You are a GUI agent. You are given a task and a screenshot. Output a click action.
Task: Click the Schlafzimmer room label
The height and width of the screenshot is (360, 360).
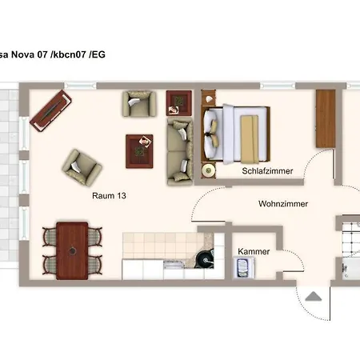click(x=267, y=171)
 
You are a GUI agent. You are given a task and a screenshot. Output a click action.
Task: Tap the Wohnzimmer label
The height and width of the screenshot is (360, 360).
click(x=283, y=204)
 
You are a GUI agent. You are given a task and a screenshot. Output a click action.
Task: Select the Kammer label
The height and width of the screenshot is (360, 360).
click(x=254, y=251)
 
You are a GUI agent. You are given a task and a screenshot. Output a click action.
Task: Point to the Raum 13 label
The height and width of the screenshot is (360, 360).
click(x=109, y=196)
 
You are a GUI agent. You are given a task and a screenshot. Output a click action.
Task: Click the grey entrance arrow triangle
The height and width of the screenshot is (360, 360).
click(x=314, y=296)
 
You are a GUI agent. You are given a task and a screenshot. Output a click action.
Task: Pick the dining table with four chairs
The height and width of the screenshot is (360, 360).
click(x=72, y=250)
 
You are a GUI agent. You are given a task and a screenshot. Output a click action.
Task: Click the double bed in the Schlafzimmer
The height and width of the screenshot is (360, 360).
click(x=236, y=134)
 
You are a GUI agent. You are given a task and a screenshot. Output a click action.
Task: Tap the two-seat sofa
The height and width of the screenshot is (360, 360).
click(x=180, y=151)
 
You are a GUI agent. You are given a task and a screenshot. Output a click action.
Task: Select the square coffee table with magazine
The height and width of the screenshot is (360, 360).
click(x=139, y=151)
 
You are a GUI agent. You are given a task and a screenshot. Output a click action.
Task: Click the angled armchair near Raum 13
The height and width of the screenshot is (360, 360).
click(x=82, y=167)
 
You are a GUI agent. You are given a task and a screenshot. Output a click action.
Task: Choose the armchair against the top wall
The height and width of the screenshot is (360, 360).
click(x=139, y=104)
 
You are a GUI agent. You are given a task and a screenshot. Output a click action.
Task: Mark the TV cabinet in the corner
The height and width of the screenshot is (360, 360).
click(x=50, y=110)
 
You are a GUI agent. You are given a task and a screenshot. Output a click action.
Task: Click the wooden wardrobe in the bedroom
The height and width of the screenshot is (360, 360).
click(x=326, y=118)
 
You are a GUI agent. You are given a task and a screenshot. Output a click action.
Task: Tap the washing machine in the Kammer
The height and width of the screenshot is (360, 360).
click(x=243, y=267)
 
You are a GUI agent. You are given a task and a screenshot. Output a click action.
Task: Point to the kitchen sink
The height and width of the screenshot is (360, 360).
click(x=174, y=264)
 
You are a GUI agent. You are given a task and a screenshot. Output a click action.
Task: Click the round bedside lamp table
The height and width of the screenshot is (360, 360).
click(x=208, y=170)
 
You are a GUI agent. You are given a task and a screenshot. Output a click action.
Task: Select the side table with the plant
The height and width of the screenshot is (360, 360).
click(x=179, y=103)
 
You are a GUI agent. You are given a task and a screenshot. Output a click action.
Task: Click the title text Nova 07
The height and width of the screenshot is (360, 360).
click(x=29, y=54)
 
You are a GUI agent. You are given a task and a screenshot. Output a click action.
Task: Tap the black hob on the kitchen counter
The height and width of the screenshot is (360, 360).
click(x=205, y=259)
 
